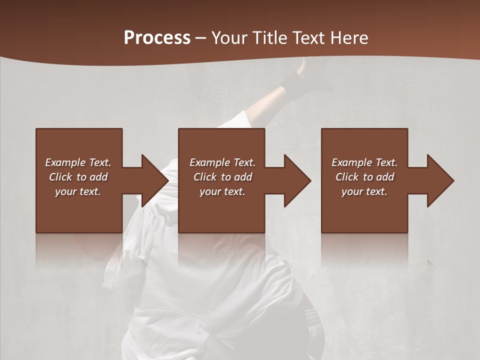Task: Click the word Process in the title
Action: [157, 38]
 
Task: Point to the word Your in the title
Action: [230, 38]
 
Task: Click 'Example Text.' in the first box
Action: [78, 162]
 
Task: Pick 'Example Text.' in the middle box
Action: [222, 162]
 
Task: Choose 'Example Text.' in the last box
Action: [364, 162]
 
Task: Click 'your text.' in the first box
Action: [78, 191]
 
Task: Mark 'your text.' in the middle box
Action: [222, 191]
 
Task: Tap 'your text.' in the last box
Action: [364, 191]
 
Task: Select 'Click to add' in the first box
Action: [78, 177]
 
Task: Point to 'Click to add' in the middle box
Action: [222, 177]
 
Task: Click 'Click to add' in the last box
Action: [364, 177]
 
